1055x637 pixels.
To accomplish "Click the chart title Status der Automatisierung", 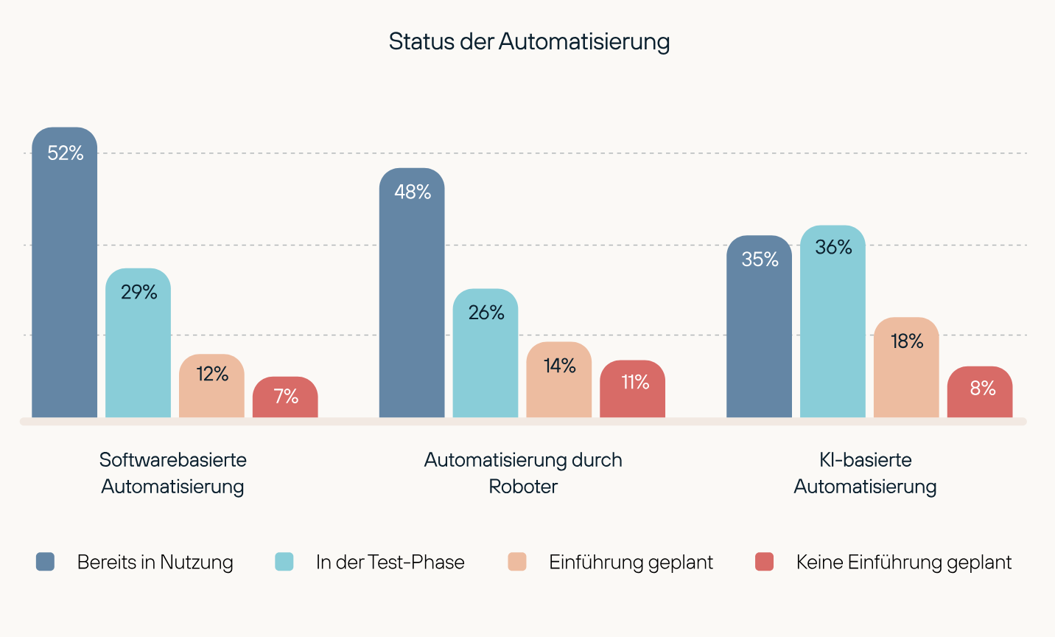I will pos(529,41).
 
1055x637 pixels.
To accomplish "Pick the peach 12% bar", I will pos(211,386).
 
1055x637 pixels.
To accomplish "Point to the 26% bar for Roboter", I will pos(486,353).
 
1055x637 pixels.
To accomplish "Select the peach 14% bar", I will pos(559,380).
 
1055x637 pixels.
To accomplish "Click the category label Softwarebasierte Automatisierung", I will pos(173,473).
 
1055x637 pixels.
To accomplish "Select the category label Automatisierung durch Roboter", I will pos(523,473).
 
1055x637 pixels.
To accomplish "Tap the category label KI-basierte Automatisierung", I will pos(865,473).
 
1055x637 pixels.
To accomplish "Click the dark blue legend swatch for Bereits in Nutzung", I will pos(45,562).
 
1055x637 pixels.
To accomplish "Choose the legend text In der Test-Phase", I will pos(390,562).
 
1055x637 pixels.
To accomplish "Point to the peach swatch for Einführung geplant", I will pos(517,562).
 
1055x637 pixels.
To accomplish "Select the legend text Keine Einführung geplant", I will pos(903,562).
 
